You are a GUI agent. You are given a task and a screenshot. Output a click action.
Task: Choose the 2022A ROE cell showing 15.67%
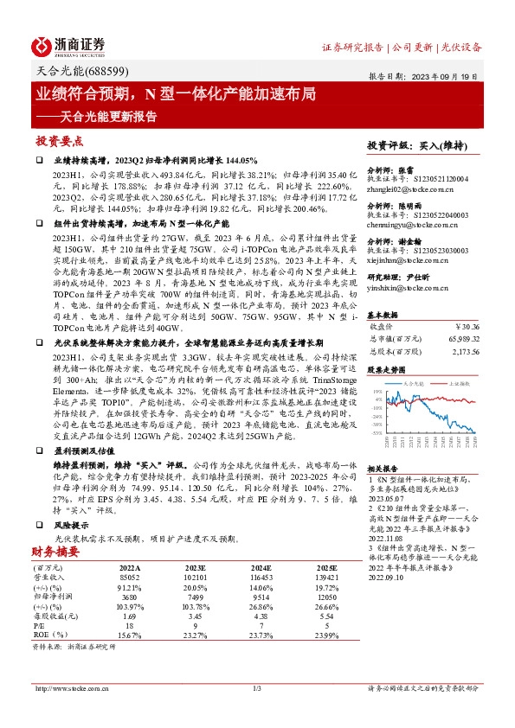click(128, 635)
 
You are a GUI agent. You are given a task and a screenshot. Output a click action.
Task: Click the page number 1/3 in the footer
click(257, 689)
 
